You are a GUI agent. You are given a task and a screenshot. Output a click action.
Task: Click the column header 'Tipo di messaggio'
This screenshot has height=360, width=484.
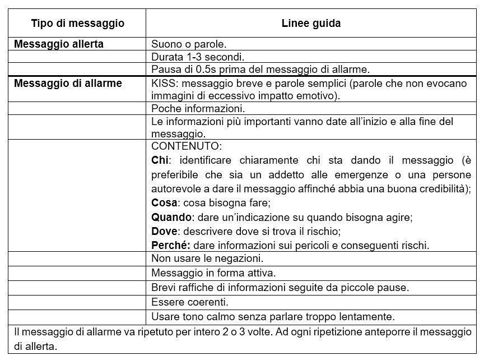tap(77, 24)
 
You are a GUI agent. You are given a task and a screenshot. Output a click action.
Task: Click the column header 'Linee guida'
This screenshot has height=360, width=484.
tap(311, 24)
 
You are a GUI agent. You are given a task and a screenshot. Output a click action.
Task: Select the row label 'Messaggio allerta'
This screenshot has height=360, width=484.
tap(58, 44)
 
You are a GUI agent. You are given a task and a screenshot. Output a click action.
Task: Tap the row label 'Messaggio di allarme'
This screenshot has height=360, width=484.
tap(68, 83)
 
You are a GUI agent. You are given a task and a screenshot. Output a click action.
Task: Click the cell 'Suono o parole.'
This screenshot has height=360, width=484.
tap(189, 44)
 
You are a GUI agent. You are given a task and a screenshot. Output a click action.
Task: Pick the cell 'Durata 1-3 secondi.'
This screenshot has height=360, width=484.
tap(198, 57)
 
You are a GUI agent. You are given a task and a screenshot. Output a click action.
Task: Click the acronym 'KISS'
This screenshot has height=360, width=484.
tap(163, 84)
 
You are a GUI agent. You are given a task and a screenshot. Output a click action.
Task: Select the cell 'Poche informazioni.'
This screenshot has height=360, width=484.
tap(198, 109)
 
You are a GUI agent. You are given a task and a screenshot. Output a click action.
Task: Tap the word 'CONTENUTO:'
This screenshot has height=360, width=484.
tap(187, 146)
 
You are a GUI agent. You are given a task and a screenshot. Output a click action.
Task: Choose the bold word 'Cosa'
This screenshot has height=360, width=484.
tap(163, 202)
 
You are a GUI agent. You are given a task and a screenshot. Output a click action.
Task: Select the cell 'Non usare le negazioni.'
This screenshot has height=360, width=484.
tap(207, 259)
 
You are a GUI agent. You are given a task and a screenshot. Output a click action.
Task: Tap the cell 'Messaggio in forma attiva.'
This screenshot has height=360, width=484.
tap(213, 273)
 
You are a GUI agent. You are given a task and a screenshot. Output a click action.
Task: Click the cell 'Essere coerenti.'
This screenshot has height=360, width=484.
tap(190, 302)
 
